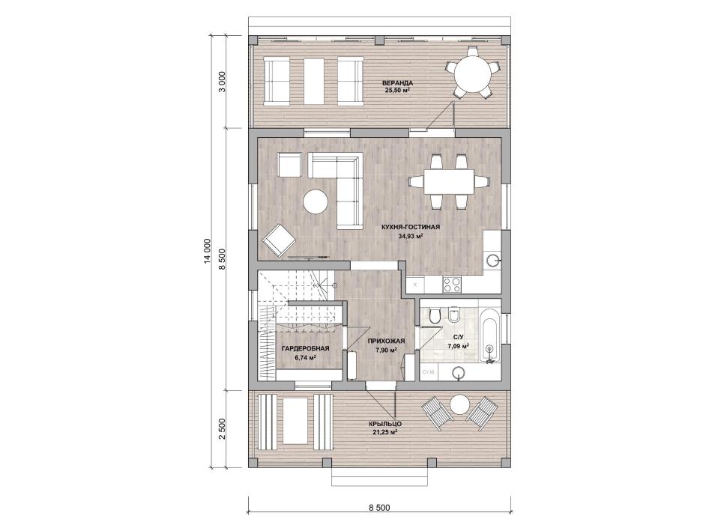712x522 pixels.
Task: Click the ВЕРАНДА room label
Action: click(x=397, y=83)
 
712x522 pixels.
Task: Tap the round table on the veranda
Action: click(x=473, y=73)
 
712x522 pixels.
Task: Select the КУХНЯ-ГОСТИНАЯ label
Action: click(x=411, y=227)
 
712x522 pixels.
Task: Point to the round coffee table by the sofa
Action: click(x=315, y=201)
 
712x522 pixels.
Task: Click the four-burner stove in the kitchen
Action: click(x=451, y=285)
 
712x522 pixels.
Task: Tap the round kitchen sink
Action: click(x=492, y=260)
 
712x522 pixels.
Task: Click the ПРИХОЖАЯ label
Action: click(x=387, y=341)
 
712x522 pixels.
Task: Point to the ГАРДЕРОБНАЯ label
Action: click(x=305, y=348)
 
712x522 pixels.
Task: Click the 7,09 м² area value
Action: click(x=458, y=345)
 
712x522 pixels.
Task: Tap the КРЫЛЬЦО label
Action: click(x=385, y=424)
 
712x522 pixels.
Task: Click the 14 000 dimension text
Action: click(x=208, y=251)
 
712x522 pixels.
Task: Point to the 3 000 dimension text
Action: click(x=223, y=82)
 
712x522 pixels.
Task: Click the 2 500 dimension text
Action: click(x=223, y=429)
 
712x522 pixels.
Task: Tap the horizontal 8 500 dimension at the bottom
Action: click(x=380, y=508)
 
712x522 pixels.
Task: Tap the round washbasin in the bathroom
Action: click(x=459, y=373)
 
